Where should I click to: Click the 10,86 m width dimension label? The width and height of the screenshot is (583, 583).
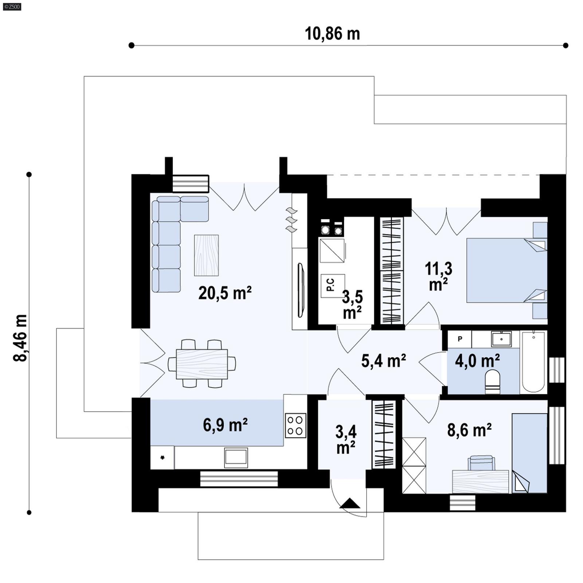[x=332, y=34]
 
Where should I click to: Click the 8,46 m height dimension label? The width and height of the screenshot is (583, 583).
[x=20, y=338]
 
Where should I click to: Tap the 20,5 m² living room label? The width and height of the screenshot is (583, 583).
[x=225, y=293]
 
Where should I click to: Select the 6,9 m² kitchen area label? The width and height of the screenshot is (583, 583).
[x=225, y=425]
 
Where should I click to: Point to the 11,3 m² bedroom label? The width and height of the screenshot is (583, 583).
[x=438, y=276]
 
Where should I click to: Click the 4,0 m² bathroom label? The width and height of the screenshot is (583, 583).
[x=477, y=361]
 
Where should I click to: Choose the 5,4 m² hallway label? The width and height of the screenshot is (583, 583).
[x=384, y=361]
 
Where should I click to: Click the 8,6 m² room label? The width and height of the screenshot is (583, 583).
[x=469, y=430]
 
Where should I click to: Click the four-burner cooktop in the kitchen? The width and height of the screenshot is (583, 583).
[x=295, y=425]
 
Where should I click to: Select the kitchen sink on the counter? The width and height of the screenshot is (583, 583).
[x=236, y=458]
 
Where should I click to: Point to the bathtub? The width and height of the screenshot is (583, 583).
[x=533, y=362]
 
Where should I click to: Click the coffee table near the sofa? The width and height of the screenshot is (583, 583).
[x=206, y=255]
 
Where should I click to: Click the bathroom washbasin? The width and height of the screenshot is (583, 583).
[x=501, y=339]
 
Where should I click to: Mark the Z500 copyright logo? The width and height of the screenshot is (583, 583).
[x=12, y=7]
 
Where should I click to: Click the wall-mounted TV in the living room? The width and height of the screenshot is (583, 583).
[x=301, y=290]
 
